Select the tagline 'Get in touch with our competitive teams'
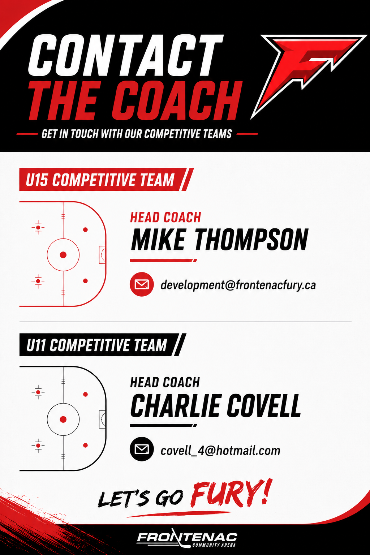click(137, 134)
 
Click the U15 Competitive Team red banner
click(106, 179)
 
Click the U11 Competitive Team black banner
click(103, 345)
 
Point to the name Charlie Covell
click(216, 405)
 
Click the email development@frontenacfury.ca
click(238, 285)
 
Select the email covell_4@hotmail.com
click(220, 451)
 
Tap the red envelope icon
click(142, 284)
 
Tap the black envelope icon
click(142, 449)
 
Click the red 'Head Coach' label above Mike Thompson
click(165, 217)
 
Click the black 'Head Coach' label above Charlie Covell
click(165, 382)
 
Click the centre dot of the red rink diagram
click(63, 255)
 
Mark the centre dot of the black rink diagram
click(63, 419)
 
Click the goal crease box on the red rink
click(102, 255)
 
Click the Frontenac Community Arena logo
click(187, 538)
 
